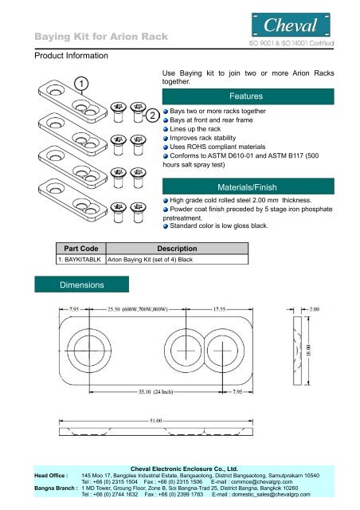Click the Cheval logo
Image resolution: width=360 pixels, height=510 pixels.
291,25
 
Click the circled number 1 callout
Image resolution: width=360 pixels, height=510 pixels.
81,84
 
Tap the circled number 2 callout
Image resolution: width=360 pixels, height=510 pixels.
152,115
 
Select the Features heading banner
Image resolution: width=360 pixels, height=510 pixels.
248,96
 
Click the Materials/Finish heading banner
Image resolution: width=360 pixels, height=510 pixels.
248,186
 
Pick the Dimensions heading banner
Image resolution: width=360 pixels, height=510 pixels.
81,284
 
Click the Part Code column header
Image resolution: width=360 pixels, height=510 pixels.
81,249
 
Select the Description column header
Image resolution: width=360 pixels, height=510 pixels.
177,249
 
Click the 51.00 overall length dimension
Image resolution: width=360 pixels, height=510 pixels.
156,421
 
